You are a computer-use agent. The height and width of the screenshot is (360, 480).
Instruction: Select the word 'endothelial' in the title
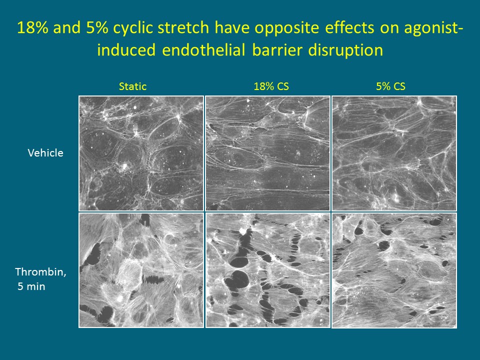click(203, 50)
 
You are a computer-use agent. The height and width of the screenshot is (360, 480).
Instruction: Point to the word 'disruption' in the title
click(345, 50)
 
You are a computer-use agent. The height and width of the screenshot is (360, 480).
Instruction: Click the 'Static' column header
click(132, 86)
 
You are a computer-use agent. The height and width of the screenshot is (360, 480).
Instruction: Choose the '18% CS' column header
click(271, 86)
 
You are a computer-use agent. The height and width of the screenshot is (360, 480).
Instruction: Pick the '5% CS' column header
click(390, 86)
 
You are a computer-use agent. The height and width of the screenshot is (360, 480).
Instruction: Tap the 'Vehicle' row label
click(45, 153)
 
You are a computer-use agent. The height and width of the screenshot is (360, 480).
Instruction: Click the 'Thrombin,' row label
click(40, 272)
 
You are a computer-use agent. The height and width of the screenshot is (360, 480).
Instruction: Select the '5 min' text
click(31, 286)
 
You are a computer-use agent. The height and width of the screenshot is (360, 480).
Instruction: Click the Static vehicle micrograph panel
click(141, 153)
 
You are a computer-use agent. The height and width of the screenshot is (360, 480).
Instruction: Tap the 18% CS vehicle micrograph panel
click(268, 153)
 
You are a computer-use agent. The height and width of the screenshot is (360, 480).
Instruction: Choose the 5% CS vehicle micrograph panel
click(394, 153)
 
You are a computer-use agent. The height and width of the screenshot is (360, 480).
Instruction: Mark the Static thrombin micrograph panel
click(141, 270)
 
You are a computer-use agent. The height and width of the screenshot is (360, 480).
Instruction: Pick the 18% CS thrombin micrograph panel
click(268, 270)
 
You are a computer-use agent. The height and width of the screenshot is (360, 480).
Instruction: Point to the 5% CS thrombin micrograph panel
click(394, 270)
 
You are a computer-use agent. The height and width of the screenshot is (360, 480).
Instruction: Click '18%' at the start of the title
click(33, 27)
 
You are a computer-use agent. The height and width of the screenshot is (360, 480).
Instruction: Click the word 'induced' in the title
click(126, 50)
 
